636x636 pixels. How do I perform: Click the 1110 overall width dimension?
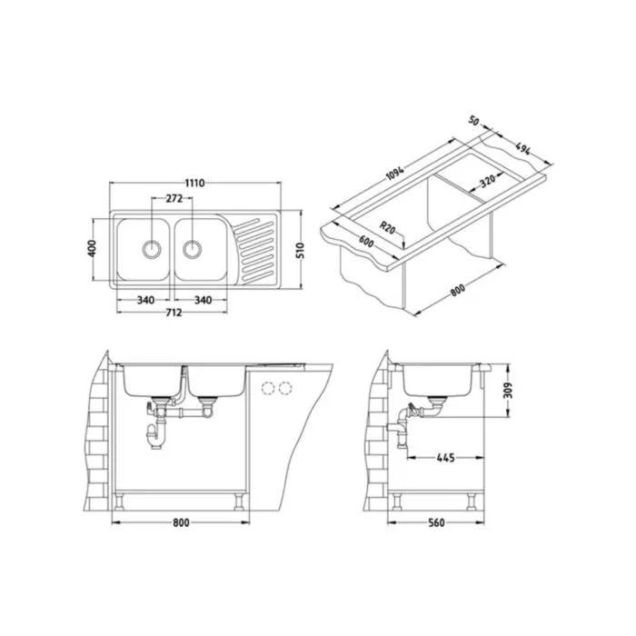coord(194,183)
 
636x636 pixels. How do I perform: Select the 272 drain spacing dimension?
coord(174,198)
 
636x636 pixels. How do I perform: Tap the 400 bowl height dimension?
coord(93,248)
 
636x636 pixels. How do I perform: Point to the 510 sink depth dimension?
coord(300,251)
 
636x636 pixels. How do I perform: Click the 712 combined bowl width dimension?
coord(174,313)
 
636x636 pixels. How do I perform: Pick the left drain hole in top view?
coord(152,249)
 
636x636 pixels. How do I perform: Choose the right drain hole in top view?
coord(192,249)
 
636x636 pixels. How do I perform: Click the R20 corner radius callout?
coord(387,227)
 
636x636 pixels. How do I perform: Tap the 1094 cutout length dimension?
coord(394,174)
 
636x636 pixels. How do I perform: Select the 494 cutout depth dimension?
coord(522,148)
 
